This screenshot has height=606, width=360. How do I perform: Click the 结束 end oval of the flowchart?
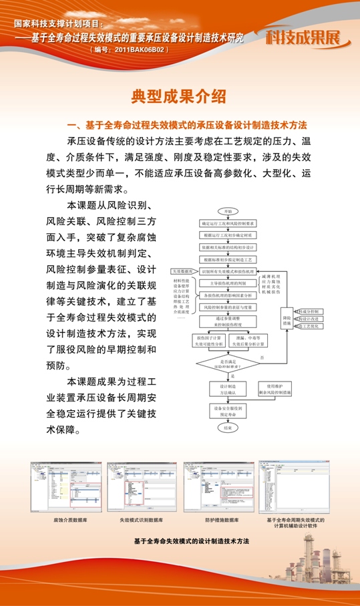click(x=228, y=426)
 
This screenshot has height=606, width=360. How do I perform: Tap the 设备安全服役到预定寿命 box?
click(x=228, y=410)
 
